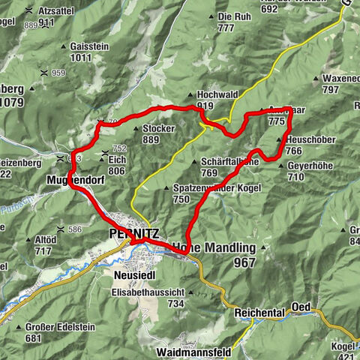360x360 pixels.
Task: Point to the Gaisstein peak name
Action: [89, 46]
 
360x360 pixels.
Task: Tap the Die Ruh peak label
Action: [234, 16]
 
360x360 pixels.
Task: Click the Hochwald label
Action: [217, 95]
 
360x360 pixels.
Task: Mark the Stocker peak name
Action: [158, 129]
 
